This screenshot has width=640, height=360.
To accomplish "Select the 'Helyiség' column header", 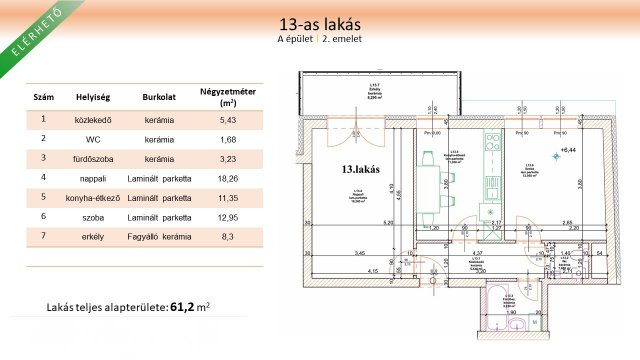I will click(x=92, y=98).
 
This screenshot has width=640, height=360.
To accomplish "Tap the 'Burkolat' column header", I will click(x=160, y=98).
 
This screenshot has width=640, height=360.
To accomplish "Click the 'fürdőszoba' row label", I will click(x=92, y=158).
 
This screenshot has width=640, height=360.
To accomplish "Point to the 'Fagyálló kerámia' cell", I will click(x=160, y=236).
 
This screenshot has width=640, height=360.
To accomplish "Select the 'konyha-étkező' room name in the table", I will click(x=92, y=197).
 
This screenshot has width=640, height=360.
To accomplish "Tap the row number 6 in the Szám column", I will click(x=44, y=216).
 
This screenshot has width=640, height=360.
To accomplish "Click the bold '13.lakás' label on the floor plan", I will click(x=359, y=169).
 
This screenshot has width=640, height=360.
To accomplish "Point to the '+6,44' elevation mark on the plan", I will click(x=570, y=149).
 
